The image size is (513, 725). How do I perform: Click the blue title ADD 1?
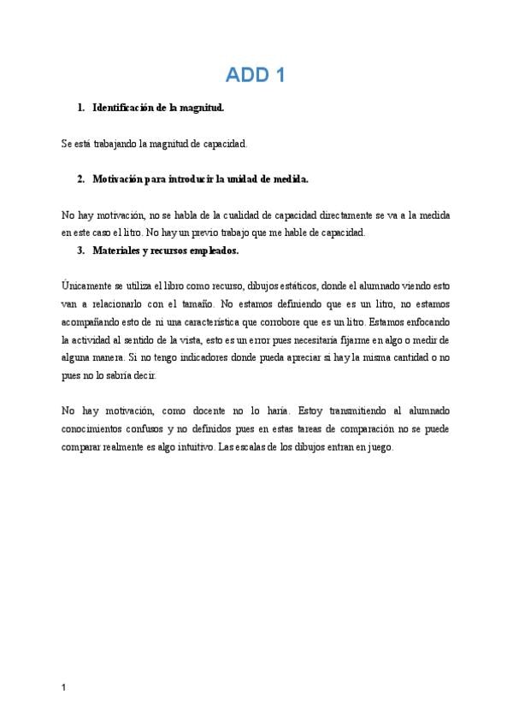coord(255,75)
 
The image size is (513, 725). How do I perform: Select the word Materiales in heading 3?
coord(118,251)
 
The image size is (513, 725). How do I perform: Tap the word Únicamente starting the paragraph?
coord(87,286)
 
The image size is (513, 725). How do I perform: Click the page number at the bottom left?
coord(65,687)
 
